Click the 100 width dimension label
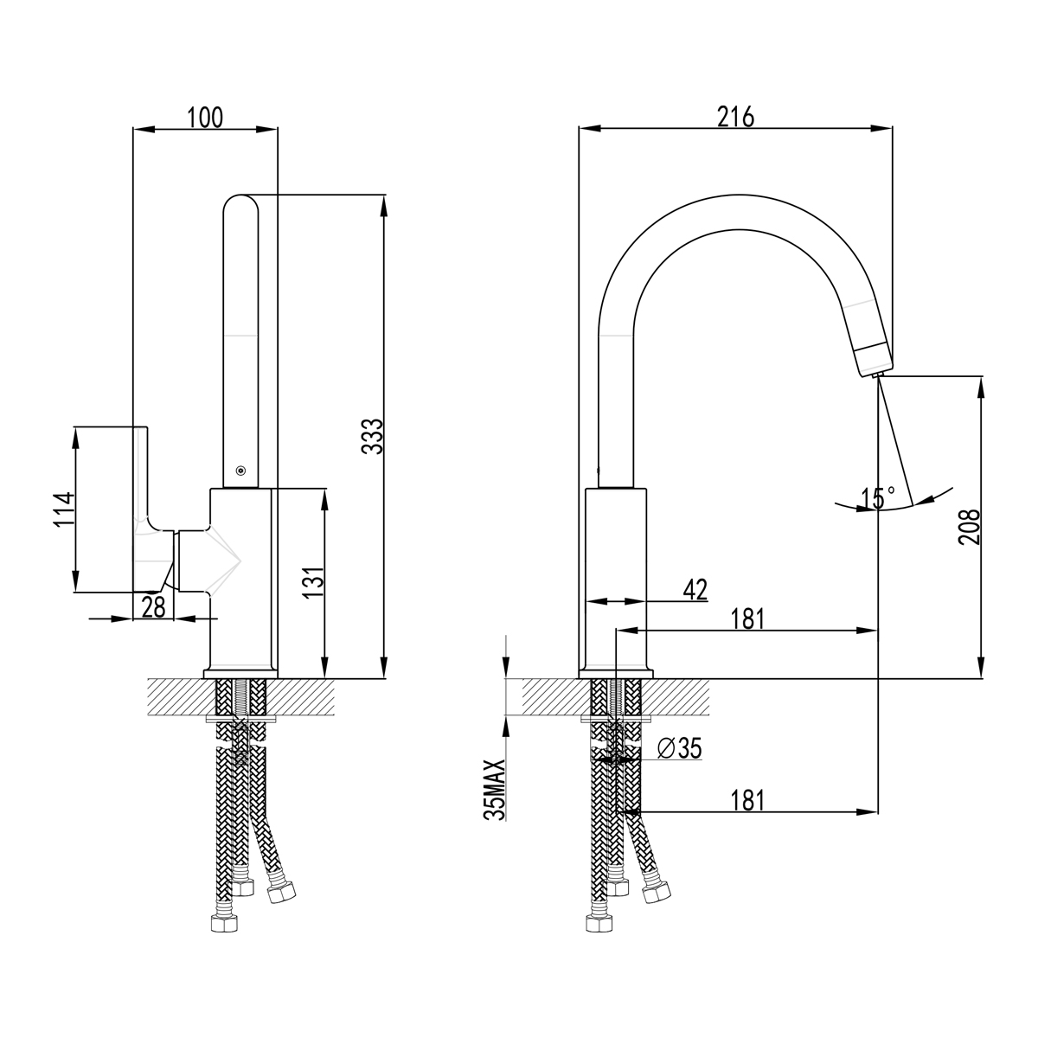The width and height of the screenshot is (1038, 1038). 205,117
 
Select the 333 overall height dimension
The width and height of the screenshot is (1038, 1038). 372,437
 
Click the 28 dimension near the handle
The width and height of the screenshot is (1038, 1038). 153,607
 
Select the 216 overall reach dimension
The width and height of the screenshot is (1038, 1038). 736,117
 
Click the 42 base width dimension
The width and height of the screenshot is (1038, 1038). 695,590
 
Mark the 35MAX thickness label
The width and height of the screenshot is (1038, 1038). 495,790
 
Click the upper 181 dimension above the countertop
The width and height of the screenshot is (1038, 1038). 749,618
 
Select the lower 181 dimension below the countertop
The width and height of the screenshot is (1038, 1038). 749,800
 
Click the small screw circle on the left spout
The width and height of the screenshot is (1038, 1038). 240,471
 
